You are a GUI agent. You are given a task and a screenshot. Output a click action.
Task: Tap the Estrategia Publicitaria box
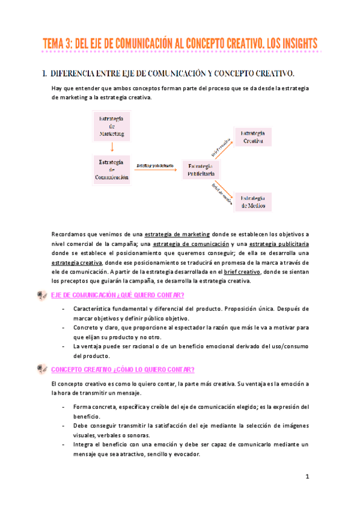click(x=201, y=170)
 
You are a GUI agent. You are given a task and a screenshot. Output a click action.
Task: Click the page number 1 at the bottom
click(x=307, y=477)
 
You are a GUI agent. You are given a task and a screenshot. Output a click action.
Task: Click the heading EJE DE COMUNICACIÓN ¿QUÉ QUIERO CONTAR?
click(x=118, y=295)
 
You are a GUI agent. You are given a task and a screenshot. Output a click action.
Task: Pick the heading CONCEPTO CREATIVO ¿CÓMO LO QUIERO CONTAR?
click(x=123, y=369)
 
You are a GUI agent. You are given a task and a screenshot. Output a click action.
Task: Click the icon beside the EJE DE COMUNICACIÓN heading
click(x=41, y=295)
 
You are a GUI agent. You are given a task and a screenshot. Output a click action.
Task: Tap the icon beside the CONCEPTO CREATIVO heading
click(x=41, y=369)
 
